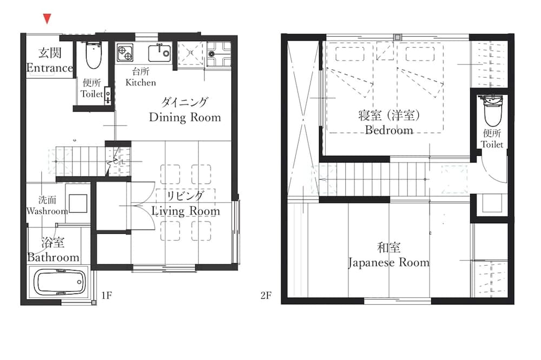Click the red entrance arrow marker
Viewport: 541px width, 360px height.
coord(47,19)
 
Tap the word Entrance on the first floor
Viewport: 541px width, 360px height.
coord(49,68)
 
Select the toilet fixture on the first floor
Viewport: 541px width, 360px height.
coord(94,56)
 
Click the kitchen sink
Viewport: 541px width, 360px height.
coord(159,53)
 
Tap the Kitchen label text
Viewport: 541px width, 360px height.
coord(141,82)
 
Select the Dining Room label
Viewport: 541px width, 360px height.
coord(185,117)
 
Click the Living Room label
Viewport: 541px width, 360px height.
coord(186,211)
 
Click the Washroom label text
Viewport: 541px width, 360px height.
coord(47,211)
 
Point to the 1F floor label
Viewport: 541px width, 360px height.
coord(107,296)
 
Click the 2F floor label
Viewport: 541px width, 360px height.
coord(265,296)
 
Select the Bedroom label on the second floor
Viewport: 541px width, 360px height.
coord(389,130)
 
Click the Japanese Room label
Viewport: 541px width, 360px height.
coord(388,263)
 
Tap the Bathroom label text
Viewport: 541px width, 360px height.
coord(53,257)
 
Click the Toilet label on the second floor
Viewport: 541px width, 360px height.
coord(493,145)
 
